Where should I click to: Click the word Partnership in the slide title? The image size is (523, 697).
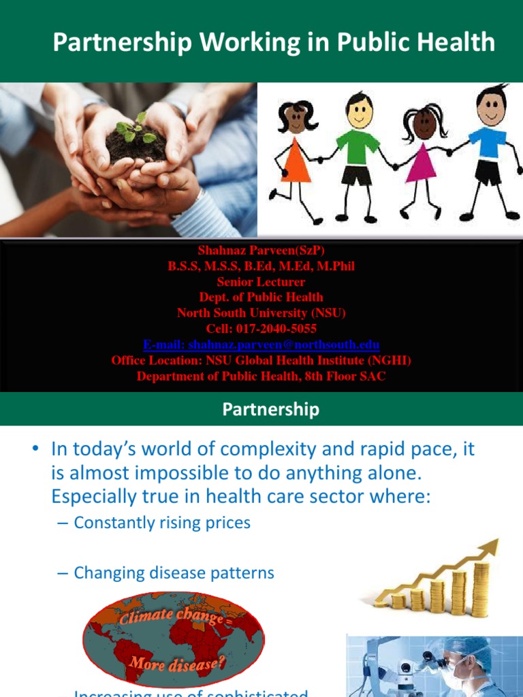[x=112, y=43]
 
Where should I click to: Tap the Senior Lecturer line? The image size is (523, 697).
[x=261, y=282]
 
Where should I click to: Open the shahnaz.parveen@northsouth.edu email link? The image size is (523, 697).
[x=261, y=344]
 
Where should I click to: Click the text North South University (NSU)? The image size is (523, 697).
[x=261, y=313]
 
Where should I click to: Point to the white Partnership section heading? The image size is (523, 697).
[x=270, y=409]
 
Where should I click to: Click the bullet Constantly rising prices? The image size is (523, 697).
[x=162, y=523]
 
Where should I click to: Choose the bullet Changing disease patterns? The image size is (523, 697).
[x=174, y=573]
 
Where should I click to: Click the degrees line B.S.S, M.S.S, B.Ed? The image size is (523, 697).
[x=261, y=266]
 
